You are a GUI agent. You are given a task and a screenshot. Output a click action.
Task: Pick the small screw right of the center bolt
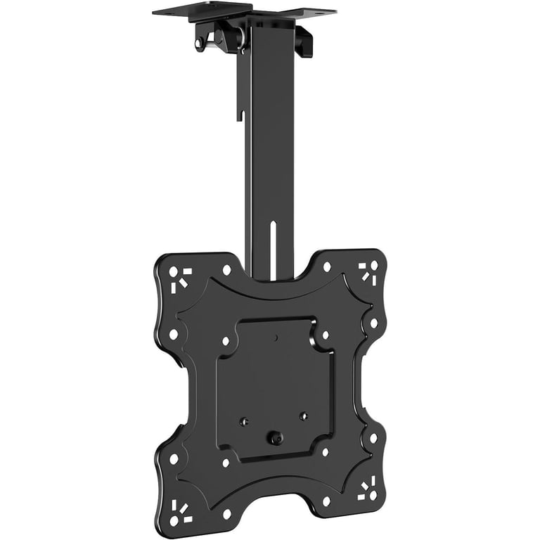(304, 416)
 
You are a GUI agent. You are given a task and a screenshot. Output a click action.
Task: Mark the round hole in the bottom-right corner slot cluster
(374, 484)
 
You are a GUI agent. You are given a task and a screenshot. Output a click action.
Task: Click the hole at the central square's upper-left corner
(225, 340)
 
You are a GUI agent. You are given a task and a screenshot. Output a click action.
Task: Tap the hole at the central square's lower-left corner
(225, 463)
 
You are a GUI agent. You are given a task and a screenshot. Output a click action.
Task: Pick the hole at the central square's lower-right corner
(326, 453)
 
